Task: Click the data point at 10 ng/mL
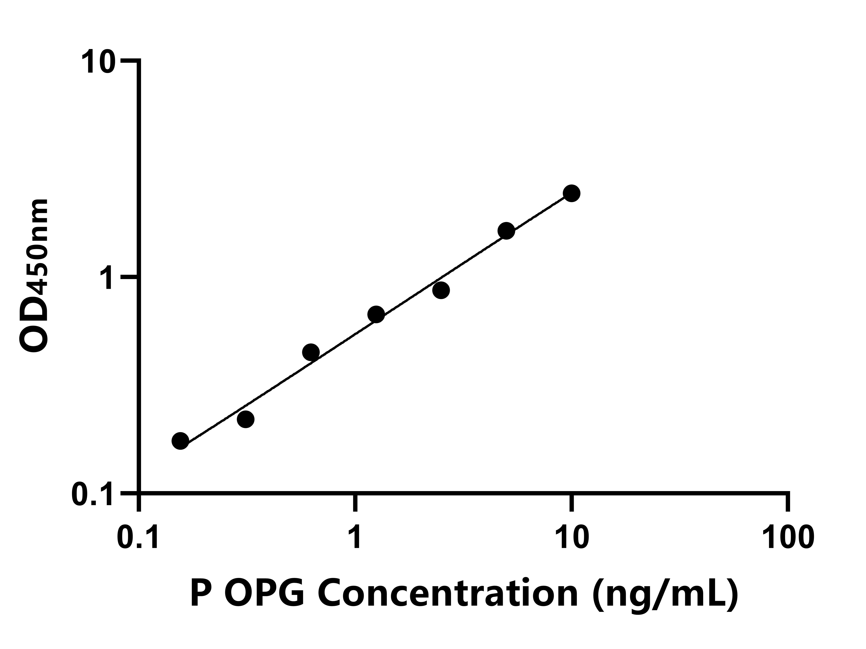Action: point(572,193)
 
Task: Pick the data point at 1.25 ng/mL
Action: point(376,315)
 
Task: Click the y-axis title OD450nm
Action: point(34,276)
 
